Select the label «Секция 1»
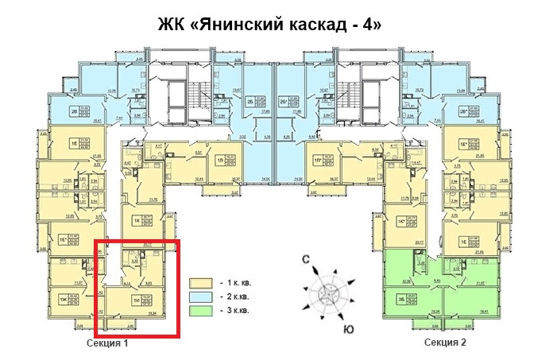click(x=109, y=343)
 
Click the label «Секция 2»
click(x=445, y=343)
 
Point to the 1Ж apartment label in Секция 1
click(x=62, y=299)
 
